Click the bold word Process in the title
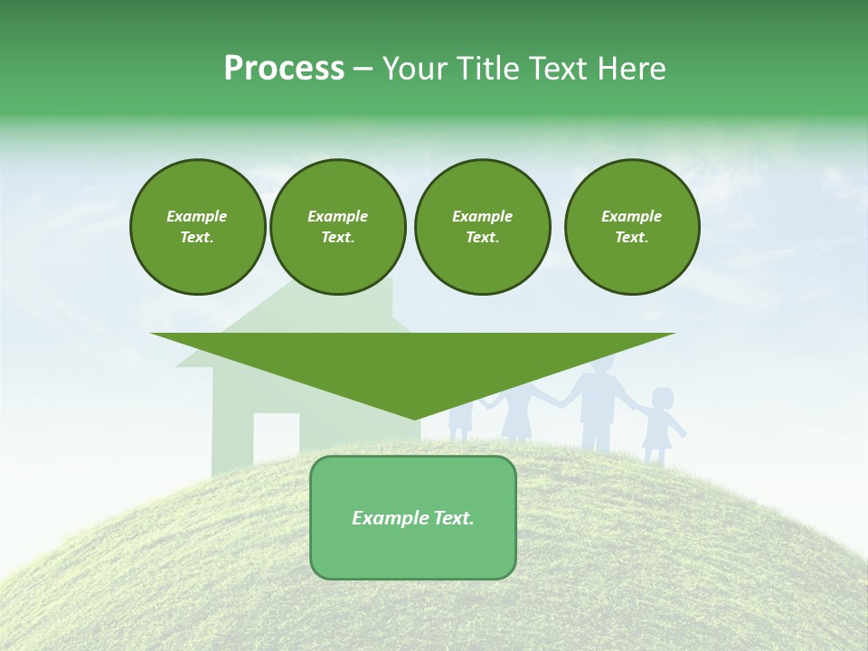(284, 69)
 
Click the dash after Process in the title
(363, 70)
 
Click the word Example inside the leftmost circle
(197, 216)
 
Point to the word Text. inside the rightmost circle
(631, 237)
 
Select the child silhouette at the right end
(658, 425)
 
